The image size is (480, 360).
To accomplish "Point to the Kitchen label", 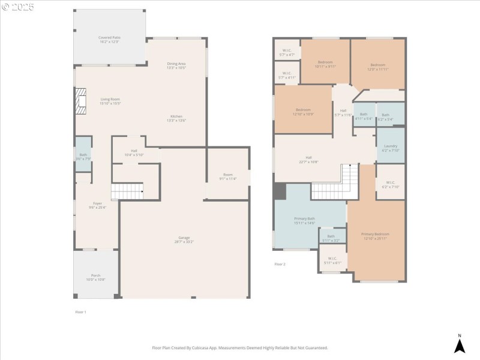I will point(176,118).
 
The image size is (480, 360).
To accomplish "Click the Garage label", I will point(184,239).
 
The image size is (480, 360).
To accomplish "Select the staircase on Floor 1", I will point(128,191).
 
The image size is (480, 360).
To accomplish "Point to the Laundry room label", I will point(390,148).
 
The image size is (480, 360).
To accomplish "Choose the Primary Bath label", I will point(305,220).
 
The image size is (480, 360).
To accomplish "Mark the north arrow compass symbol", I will point(459,344).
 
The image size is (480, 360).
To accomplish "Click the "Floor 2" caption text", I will point(280,264).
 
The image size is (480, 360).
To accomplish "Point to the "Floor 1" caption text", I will point(80,312).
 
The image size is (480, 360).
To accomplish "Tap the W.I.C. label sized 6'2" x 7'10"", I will point(390,184).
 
